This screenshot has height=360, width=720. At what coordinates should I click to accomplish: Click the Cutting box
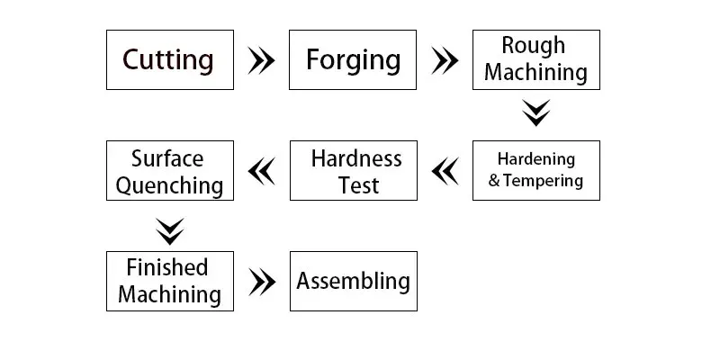[170, 59]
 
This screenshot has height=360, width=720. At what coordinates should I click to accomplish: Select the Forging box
[353, 59]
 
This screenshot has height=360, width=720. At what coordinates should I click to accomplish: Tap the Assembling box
[354, 281]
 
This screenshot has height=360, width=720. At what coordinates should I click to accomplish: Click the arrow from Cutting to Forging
[261, 60]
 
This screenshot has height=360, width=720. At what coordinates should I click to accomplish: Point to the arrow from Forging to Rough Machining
[445, 60]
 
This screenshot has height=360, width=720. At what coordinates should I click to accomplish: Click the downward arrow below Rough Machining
[535, 113]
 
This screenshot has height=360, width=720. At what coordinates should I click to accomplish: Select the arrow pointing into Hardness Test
[445, 171]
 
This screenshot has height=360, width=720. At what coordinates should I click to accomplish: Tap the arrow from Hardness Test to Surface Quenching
[261, 171]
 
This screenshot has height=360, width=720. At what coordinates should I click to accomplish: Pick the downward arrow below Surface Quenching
[169, 231]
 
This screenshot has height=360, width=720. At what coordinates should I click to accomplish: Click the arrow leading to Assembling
[262, 282]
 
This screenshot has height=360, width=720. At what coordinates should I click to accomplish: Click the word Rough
[533, 46]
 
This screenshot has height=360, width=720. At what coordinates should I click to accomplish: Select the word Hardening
[536, 159]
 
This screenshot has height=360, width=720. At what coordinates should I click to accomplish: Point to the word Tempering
[543, 181]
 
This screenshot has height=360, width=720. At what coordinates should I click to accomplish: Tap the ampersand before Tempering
[494, 181]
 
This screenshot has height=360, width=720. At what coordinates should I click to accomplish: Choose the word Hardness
[356, 159]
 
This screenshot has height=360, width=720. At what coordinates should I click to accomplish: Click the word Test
[358, 185]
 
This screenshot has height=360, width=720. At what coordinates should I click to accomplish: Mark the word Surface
[167, 159]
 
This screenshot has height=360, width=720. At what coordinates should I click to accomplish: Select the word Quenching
[169, 186]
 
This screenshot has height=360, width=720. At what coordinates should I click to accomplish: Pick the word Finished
[167, 267]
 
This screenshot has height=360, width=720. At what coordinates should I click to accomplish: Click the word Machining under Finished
[169, 294]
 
